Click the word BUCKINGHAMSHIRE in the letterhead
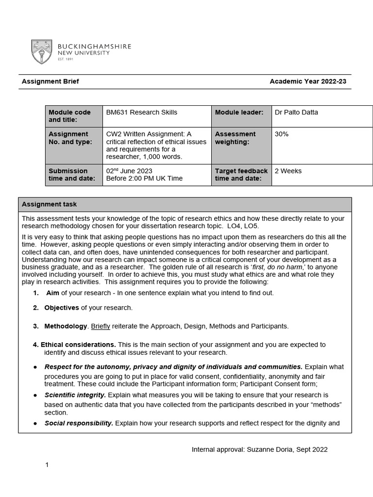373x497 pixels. pos(95,46)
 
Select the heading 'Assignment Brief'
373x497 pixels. pos(50,82)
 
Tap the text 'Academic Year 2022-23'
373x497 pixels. pos(308,82)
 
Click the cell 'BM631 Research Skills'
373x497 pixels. pos(142,113)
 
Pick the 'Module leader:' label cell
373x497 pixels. pos(239,113)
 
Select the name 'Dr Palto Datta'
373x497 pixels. pos(296,113)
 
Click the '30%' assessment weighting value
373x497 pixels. pos(282,134)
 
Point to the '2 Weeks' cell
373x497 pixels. pos(288,171)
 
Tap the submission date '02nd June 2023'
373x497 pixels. pos(129,171)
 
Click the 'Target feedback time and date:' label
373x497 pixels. pos(241,175)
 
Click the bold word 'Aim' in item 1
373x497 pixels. pos(52,293)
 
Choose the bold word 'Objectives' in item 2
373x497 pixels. pos(62,308)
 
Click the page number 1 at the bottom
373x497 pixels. pos(47,465)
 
